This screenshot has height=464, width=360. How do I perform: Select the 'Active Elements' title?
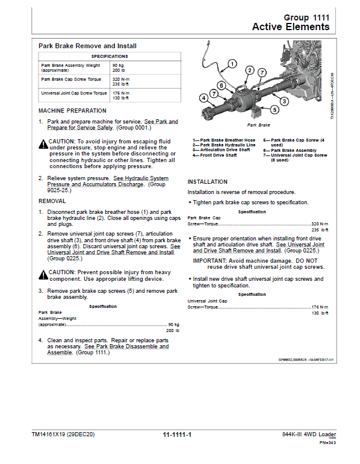(291, 27)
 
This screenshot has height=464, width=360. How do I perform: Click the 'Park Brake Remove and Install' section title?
(87, 46)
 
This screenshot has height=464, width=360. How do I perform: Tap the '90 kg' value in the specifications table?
(117, 64)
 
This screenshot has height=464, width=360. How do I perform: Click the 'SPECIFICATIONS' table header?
(109, 56)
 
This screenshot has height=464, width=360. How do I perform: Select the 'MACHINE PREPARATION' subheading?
(72, 111)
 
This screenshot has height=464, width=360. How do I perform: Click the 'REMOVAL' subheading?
(52, 201)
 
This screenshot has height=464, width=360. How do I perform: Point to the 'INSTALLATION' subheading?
(208, 181)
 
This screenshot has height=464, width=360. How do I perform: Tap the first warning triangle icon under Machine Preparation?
(43, 144)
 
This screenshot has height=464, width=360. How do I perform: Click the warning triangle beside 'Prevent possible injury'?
(43, 274)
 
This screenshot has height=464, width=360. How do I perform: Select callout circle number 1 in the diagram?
(232, 63)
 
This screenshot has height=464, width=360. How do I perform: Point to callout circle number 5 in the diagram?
(275, 110)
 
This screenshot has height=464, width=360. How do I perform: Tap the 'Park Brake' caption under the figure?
(259, 125)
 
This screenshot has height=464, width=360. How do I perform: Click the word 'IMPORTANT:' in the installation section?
(209, 260)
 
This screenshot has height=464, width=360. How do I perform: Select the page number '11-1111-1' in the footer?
(176, 434)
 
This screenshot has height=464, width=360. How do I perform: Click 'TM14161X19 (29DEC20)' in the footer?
(63, 434)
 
